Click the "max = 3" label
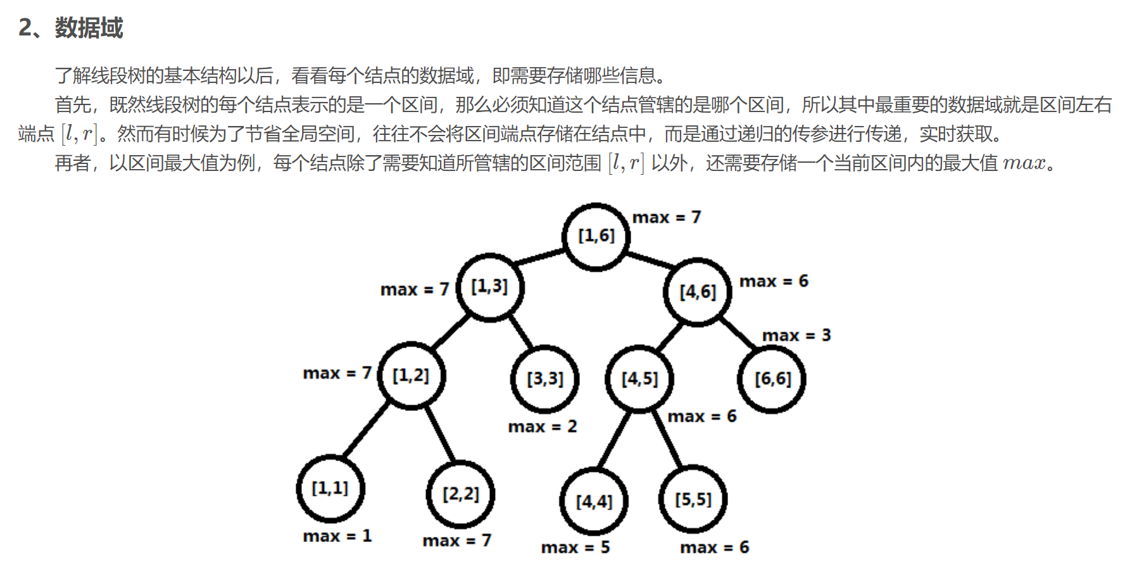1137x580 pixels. pos(796,335)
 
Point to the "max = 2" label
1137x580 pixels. pos(542,426)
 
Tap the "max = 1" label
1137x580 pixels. pos(337,536)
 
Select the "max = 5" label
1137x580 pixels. pos(575,547)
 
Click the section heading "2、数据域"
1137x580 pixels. pos(70,28)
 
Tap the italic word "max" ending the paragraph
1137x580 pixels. pos(1024,163)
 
